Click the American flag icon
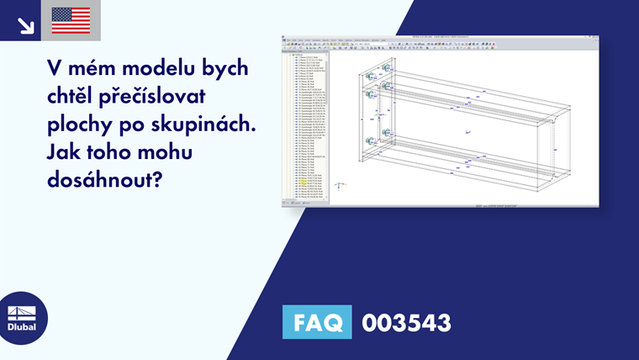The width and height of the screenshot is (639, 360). tap(71, 20)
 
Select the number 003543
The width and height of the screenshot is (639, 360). tap(406, 323)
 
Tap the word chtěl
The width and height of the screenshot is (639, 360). tap(75, 97)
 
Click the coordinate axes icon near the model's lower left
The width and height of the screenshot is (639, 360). tap(338, 186)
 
